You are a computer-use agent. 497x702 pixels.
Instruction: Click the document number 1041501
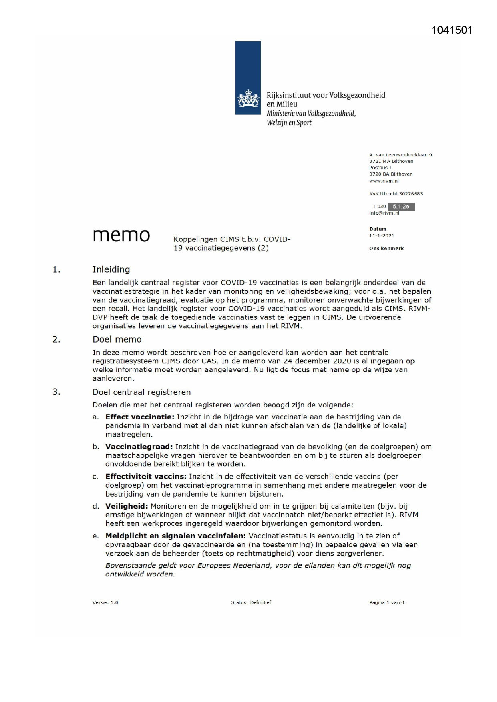(452, 30)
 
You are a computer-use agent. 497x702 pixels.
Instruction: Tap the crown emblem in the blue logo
(248, 99)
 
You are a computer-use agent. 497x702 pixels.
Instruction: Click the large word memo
(121, 235)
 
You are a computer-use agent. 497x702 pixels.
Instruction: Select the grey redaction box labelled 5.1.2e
(401, 207)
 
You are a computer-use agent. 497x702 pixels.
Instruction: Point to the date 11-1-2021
(382, 236)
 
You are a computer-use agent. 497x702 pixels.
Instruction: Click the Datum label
(378, 229)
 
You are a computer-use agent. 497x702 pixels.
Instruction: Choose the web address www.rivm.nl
(384, 181)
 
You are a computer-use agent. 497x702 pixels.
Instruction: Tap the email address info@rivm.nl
(384, 213)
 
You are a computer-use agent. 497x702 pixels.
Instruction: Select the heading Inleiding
(111, 269)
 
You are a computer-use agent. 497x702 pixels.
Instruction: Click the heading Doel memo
(117, 339)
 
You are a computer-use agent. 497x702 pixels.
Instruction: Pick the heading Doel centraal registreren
(141, 392)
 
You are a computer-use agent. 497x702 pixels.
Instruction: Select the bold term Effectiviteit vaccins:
(146, 477)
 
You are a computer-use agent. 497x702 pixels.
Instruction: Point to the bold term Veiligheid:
(127, 506)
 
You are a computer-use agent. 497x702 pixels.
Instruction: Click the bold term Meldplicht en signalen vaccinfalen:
(175, 536)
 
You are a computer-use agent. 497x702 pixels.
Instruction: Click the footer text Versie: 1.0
(105, 602)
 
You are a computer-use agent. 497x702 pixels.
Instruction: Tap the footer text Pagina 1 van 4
(386, 602)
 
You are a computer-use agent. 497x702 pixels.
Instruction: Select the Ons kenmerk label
(386, 249)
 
